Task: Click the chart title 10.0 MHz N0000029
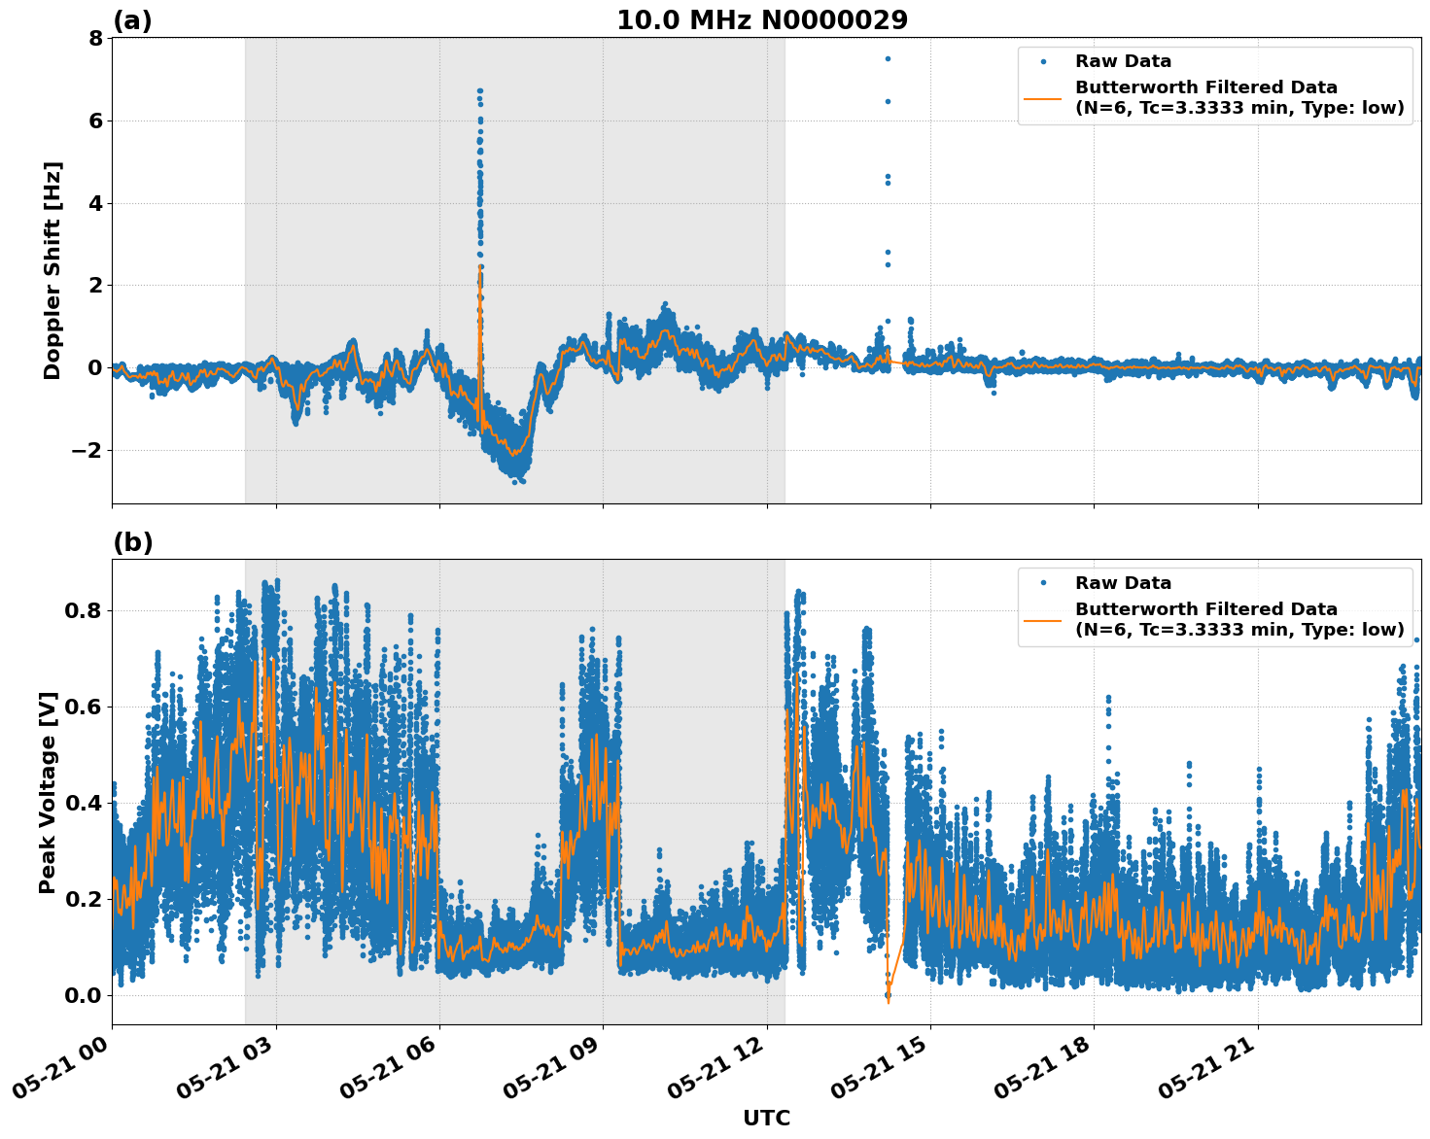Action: pyautogui.click(x=762, y=20)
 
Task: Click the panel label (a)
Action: pyautogui.click(x=132, y=20)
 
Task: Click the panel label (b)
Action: pyautogui.click(x=132, y=542)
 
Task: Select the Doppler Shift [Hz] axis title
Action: pyautogui.click(x=52, y=270)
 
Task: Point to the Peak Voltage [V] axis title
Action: pyautogui.click(x=48, y=792)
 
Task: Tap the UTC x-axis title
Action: pyautogui.click(x=766, y=1118)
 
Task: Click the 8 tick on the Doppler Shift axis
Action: pyautogui.click(x=95, y=39)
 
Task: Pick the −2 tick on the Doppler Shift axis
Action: pyautogui.click(x=87, y=450)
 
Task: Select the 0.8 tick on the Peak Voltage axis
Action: pyautogui.click(x=85, y=611)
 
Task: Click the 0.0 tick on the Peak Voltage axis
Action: pyautogui.click(x=85, y=995)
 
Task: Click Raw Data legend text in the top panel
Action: pyautogui.click(x=1123, y=62)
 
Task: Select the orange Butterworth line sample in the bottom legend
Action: pyautogui.click(x=1043, y=619)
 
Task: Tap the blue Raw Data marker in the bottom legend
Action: pyautogui.click(x=1043, y=583)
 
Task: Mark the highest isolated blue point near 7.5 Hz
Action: pyautogui.click(x=887, y=58)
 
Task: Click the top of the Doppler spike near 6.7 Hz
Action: pyautogui.click(x=479, y=90)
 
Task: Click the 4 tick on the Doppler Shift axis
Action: pyautogui.click(x=95, y=203)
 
